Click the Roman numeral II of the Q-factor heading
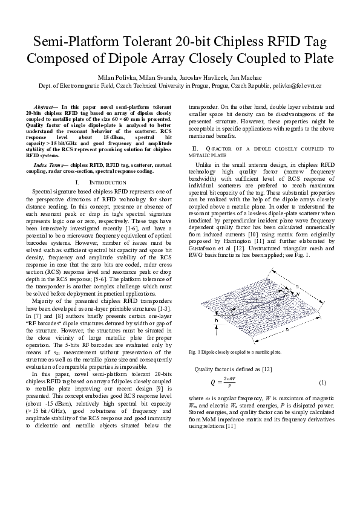point(195,148)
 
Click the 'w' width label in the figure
point(298,293)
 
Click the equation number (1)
point(322,383)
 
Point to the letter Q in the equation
point(212,383)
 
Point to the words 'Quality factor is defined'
point(223,368)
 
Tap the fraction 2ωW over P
point(229,383)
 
